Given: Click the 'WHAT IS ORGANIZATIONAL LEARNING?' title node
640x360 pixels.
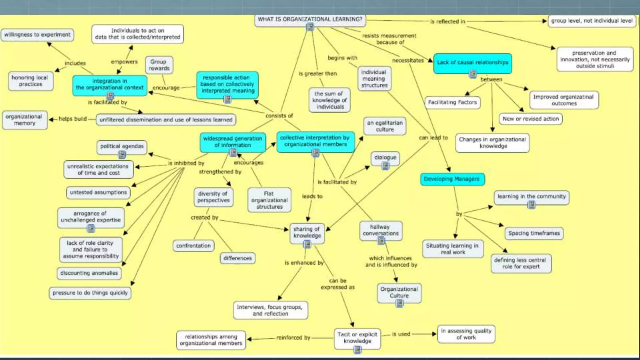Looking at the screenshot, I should point(310,19).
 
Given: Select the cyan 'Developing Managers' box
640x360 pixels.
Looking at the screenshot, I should point(452,179).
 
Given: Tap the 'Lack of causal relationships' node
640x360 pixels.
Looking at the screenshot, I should point(472,62).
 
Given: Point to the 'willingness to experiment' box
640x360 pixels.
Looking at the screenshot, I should point(37,35).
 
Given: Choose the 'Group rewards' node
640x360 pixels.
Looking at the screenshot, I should point(159,65).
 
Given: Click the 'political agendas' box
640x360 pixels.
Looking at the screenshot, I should point(122,146).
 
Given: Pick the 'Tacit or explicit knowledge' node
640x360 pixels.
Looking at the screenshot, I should point(357,338).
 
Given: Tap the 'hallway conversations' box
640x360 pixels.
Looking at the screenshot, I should point(380,230).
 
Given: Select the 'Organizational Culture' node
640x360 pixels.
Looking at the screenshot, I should point(399,292).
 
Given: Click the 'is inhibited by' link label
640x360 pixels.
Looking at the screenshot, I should point(186,163).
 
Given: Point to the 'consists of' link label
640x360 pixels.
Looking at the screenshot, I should point(279,116).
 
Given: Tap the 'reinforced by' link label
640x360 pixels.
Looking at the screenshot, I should point(293,338).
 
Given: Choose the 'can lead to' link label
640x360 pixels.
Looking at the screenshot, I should point(433,138).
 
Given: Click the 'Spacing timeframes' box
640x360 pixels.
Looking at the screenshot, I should point(534,233).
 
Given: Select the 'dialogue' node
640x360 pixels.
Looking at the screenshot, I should point(385,157).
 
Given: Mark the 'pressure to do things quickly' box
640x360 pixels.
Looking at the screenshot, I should point(90,293).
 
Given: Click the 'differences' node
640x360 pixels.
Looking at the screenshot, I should point(237,258).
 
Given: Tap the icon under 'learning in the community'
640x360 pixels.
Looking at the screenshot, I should point(531,205).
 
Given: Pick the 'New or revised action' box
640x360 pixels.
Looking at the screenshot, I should point(530,119).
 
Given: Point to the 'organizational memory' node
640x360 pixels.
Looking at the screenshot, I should point(24,120).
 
